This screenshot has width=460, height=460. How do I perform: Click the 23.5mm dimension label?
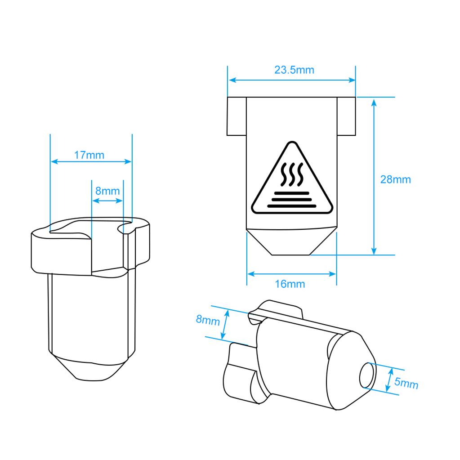pyautogui.click(x=294, y=70)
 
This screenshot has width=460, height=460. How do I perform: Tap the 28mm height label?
pyautogui.click(x=395, y=179)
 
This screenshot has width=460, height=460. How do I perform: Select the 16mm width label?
pyautogui.click(x=290, y=284)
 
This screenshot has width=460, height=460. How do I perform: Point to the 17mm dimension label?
pyautogui.click(x=89, y=155)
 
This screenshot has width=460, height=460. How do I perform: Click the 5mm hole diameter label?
pyautogui.click(x=406, y=383)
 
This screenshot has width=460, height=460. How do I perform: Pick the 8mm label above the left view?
pyautogui.click(x=107, y=191)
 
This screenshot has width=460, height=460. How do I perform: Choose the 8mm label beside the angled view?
pyautogui.click(x=208, y=320)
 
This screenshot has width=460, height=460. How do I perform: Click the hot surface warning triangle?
pyautogui.click(x=292, y=178)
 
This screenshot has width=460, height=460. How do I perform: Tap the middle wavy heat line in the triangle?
pyautogui.click(x=292, y=174)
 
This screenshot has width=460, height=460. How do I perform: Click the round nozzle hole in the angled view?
pyautogui.click(x=367, y=376)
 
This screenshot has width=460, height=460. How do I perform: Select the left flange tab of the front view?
pyautogui.click(x=237, y=116)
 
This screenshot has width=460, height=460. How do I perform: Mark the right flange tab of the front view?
pyautogui.click(x=347, y=116)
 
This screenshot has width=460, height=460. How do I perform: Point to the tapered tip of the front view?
pyautogui.click(x=291, y=242)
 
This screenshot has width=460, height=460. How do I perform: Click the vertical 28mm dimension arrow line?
pyautogui.click(x=374, y=177)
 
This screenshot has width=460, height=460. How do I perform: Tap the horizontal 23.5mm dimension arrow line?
pyautogui.click(x=292, y=80)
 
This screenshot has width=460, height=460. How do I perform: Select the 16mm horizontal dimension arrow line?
pyautogui.click(x=292, y=274)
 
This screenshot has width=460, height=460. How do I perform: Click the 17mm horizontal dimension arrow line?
pyautogui.click(x=91, y=161)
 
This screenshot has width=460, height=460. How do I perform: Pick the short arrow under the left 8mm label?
pyautogui.click(x=107, y=201)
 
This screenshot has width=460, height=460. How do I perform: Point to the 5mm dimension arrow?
pyautogui.click(x=389, y=380)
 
